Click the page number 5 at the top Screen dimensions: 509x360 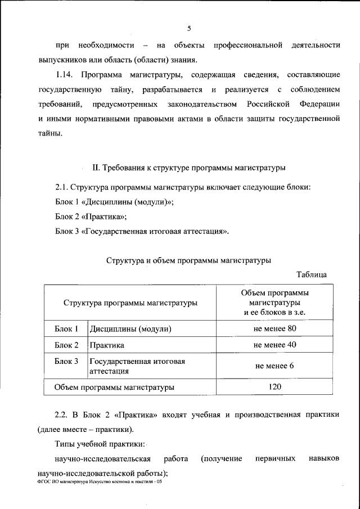190,28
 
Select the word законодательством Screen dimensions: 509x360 200,105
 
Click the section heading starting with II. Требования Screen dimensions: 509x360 188,168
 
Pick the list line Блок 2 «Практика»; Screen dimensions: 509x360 91,216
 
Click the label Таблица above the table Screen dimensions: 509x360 311,274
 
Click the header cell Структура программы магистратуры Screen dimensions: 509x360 130,303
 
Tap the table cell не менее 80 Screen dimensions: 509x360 275,328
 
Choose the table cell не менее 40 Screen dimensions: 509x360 275,345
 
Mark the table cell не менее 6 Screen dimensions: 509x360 275,366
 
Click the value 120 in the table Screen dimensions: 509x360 275,387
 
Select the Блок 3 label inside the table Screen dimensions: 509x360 66,361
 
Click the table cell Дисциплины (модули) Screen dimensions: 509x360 130,328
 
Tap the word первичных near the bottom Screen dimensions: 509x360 276,459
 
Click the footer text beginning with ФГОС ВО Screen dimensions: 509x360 101,482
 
